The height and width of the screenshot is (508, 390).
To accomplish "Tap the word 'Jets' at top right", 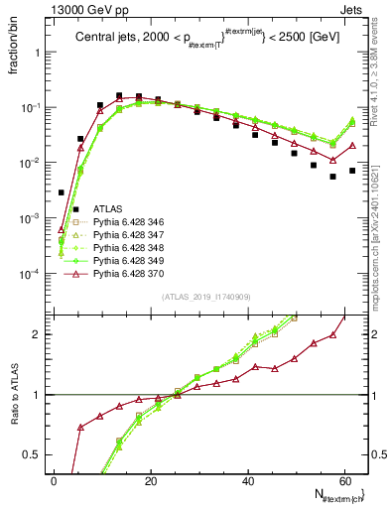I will tap(354, 8).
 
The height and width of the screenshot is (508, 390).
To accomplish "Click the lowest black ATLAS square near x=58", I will tap(332, 177).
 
